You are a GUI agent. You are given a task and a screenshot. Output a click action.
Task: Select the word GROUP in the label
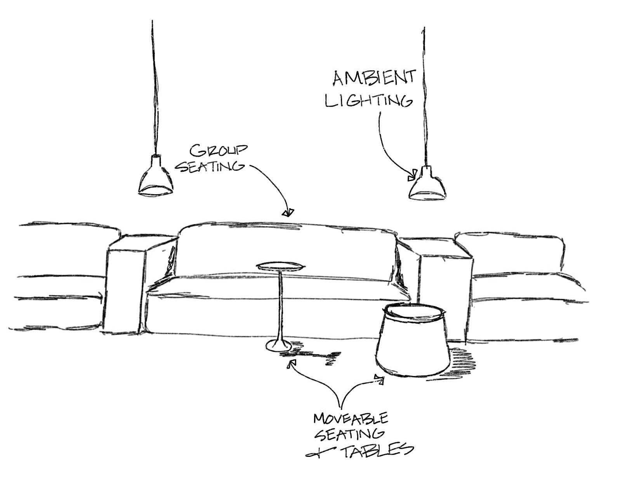click(219, 151)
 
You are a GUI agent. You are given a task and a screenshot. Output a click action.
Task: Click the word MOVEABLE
click(351, 418)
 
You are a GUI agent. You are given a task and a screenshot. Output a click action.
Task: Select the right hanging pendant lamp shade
click(427, 185)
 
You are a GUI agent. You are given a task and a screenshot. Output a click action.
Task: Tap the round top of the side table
click(281, 266)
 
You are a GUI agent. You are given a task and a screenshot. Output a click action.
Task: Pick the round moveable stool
click(413, 342)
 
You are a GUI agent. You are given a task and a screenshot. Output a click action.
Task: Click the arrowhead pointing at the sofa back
click(288, 212)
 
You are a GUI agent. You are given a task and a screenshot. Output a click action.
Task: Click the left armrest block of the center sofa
click(124, 287)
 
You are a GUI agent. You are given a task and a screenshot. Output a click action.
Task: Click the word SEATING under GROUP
click(210, 166)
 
